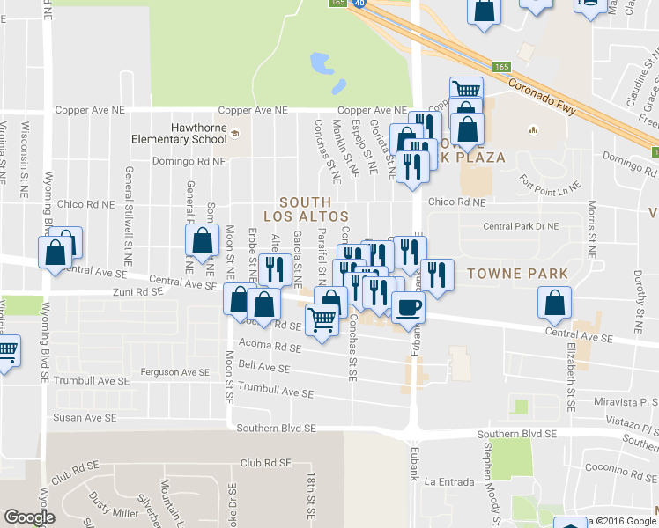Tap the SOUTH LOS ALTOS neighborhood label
pos(306,209)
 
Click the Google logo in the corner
pos(29,517)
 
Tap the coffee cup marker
pos(406,308)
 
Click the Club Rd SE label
pos(265,462)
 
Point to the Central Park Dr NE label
pos(522,226)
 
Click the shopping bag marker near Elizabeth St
pos(554,304)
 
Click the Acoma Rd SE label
pos(267,346)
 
